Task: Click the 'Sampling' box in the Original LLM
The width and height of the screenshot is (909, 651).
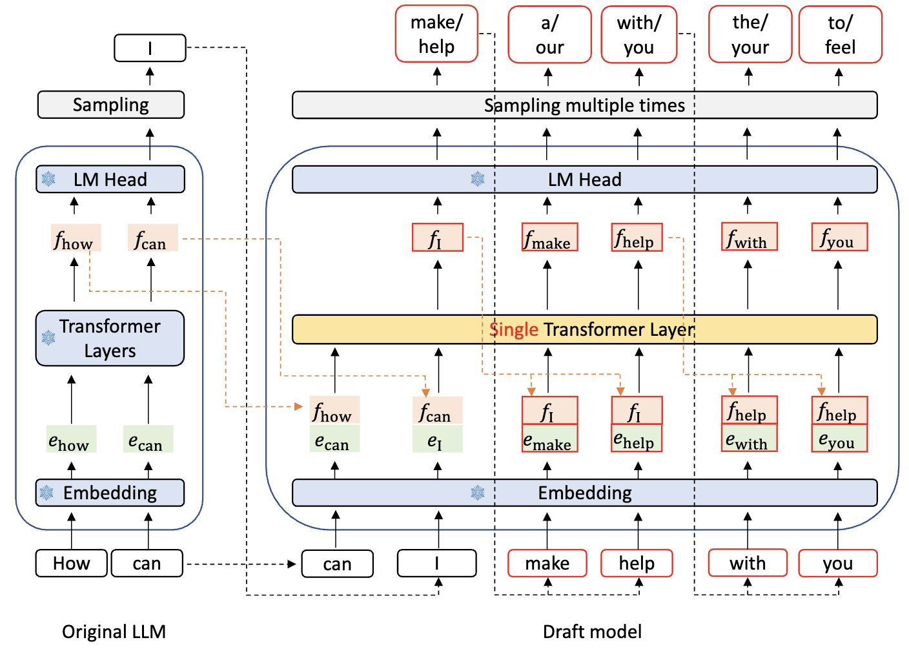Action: pyautogui.click(x=110, y=105)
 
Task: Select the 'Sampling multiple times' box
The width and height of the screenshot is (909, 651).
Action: pyautogui.click(x=584, y=105)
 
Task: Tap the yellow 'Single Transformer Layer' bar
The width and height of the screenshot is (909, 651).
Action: pyautogui.click(x=584, y=329)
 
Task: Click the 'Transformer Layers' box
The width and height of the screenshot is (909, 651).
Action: pyautogui.click(x=110, y=338)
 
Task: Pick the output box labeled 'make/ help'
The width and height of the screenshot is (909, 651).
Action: pyautogui.click(x=436, y=34)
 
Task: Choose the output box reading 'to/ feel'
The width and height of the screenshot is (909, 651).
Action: pyautogui.click(x=840, y=35)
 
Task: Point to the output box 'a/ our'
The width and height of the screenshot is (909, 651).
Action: pyautogui.click(x=549, y=35)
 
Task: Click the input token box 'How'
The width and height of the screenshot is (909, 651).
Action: pyautogui.click(x=72, y=563)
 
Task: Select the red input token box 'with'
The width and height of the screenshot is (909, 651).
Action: pyautogui.click(x=748, y=563)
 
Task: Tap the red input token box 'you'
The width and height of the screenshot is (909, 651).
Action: pyautogui.click(x=837, y=563)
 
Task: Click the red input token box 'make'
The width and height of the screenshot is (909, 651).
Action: pyautogui.click(x=547, y=563)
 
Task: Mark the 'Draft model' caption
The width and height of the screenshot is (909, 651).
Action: pyautogui.click(x=592, y=631)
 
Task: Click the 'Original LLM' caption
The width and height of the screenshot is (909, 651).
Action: pyautogui.click(x=114, y=631)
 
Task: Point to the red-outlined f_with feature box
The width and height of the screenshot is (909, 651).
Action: pyautogui.click(x=748, y=237)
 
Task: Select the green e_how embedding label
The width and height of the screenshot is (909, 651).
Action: pyautogui.click(x=71, y=439)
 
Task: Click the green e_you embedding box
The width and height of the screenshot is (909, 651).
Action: pyautogui.click(x=839, y=439)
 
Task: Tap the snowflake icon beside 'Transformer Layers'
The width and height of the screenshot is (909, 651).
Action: pyautogui.click(x=48, y=337)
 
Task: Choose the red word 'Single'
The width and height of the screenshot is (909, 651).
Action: pyautogui.click(x=514, y=329)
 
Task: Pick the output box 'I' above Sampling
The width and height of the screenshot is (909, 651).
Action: pyautogui.click(x=150, y=48)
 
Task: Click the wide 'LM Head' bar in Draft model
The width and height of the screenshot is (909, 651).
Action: pyautogui.click(x=584, y=180)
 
